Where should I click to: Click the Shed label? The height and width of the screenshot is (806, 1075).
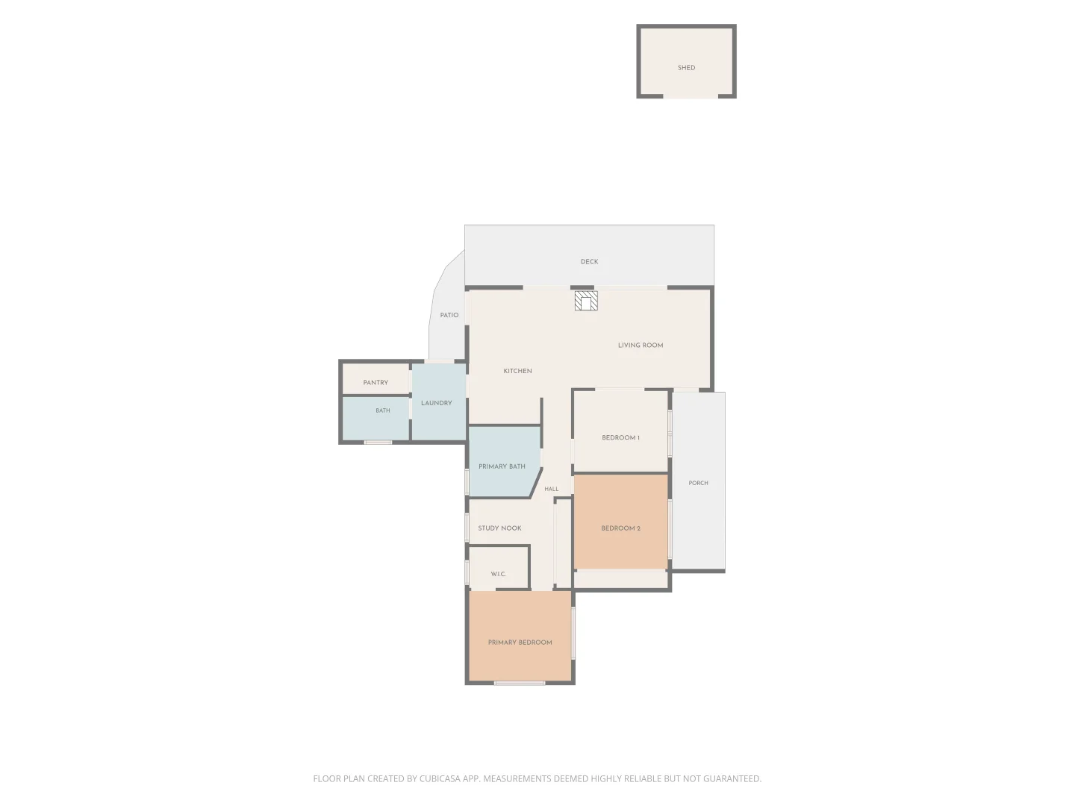tap(685, 67)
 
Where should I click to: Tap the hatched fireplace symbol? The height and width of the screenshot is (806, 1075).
tap(585, 301)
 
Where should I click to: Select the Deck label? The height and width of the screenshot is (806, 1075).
tap(589, 262)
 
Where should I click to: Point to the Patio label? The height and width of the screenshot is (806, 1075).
tap(449, 315)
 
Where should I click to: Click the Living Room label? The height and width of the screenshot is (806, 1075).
tap(640, 345)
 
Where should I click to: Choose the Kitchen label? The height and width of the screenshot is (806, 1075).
tap(517, 371)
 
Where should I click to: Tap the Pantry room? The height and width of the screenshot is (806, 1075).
tap(376, 379)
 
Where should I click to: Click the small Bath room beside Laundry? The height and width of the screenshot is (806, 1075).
tap(376, 418)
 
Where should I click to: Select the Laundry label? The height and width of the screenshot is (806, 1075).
tap(436, 403)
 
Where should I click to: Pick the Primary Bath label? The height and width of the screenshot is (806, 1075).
tap(502, 466)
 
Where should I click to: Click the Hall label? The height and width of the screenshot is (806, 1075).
tap(551, 489)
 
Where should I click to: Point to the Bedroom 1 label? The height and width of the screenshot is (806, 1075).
tap(620, 437)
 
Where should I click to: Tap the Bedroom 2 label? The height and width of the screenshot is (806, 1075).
tap(620, 528)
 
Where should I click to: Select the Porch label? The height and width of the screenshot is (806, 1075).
tap(698, 483)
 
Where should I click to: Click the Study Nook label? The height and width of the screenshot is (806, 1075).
tap(499, 528)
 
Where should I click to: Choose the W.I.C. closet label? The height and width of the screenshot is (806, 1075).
tap(498, 574)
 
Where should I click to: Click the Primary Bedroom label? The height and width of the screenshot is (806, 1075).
tap(520, 643)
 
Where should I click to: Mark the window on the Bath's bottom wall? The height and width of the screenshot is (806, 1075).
tap(378, 443)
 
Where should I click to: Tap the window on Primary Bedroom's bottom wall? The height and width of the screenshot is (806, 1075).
tap(519, 683)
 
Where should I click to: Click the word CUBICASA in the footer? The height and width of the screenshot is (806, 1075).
tap(440, 778)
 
